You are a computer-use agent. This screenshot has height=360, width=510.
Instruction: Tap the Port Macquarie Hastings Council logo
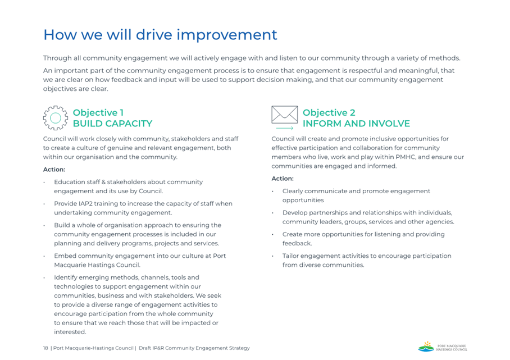(443, 347)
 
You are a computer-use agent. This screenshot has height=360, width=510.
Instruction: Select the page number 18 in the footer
(45, 348)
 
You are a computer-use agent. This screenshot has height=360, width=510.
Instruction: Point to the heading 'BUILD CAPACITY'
(112, 124)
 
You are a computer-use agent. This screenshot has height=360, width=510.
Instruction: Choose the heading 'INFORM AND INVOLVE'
(356, 124)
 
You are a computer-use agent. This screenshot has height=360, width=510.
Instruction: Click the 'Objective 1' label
(98, 112)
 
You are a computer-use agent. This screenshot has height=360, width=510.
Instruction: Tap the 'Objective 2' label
(329, 112)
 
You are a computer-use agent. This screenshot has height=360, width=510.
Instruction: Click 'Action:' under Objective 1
(54, 170)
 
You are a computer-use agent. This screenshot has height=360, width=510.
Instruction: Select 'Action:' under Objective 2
(283, 179)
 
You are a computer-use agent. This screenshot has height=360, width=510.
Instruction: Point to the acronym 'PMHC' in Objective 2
(406, 157)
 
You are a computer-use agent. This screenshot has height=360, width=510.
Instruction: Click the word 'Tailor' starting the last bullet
(290, 256)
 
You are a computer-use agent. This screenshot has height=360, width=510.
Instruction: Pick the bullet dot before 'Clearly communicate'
(272, 191)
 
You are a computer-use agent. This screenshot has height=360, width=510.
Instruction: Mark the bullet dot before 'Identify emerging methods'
(44, 278)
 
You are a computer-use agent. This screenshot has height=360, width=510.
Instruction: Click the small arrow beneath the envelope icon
(285, 128)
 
